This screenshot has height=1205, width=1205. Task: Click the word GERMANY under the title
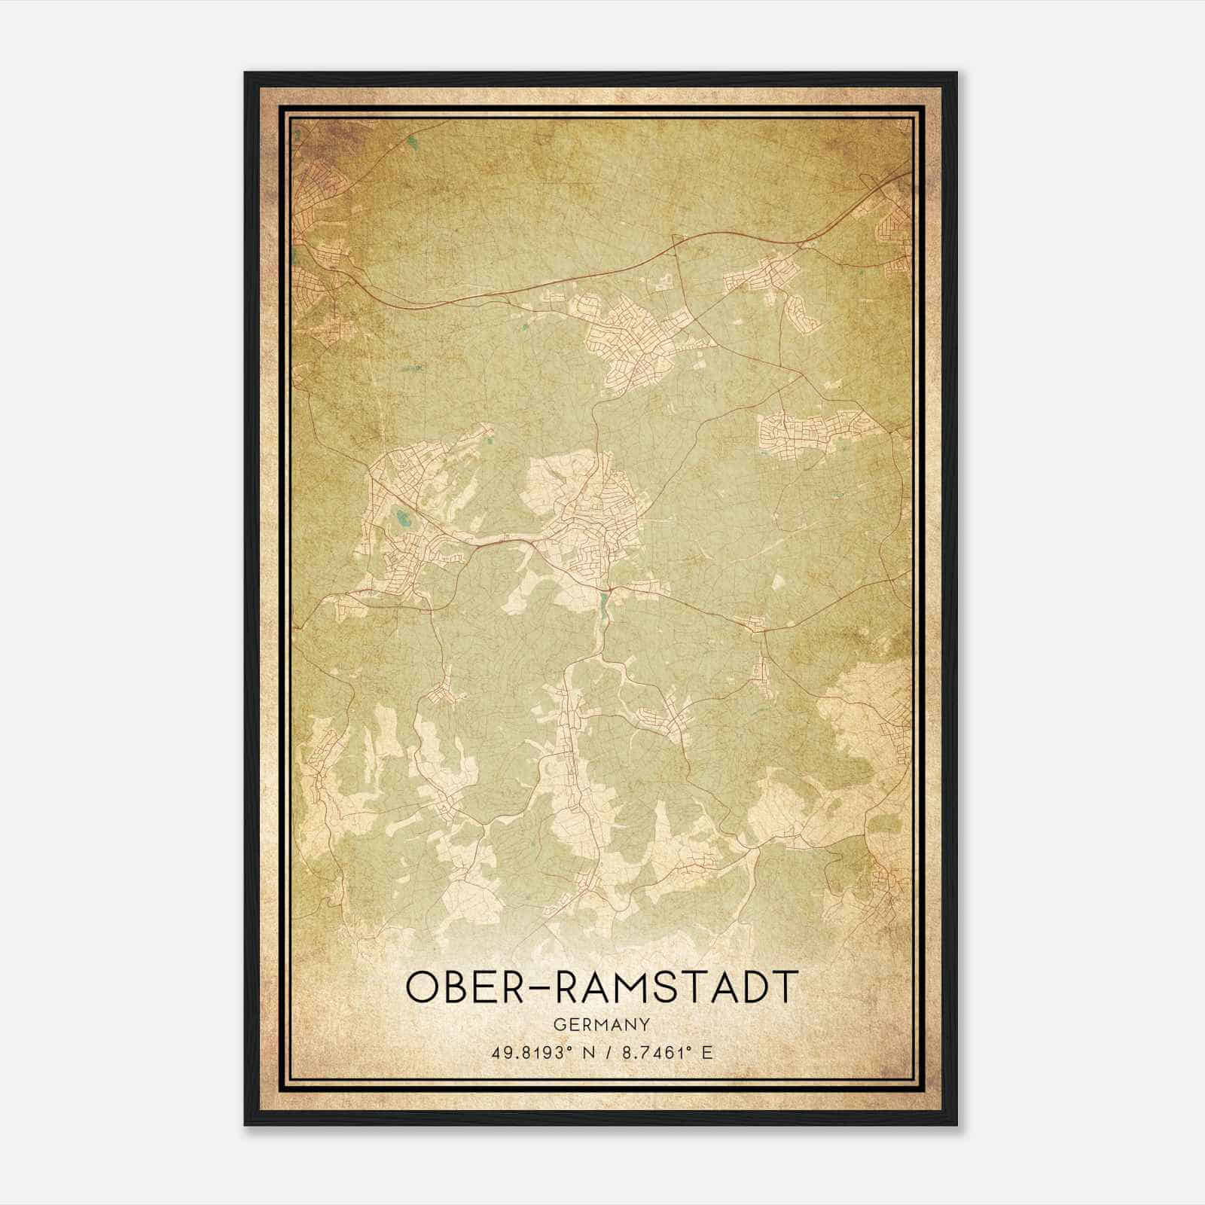click(601, 1024)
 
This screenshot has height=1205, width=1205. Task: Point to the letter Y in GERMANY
click(645, 1024)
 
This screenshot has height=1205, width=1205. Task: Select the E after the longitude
click(706, 1052)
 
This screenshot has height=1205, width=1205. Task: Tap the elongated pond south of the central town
click(603, 602)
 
